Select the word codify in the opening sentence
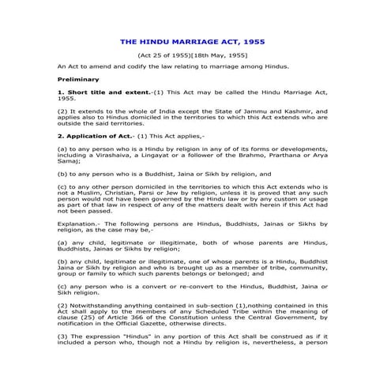click(x=131, y=68)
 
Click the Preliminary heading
click(x=78, y=80)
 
